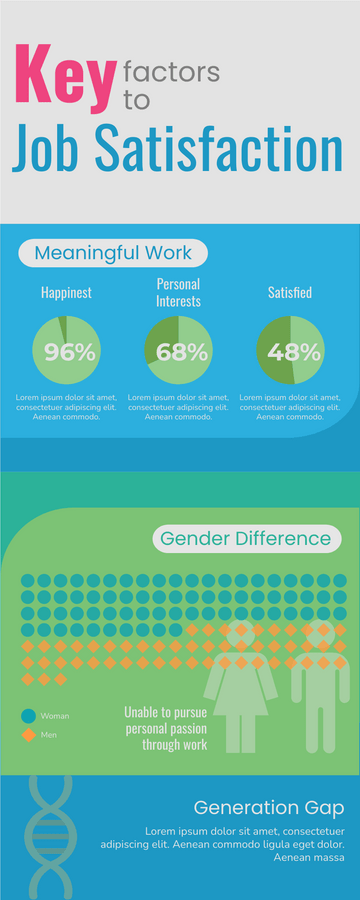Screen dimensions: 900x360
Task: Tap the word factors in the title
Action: click(170, 71)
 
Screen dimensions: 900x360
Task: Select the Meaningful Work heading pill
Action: click(106, 253)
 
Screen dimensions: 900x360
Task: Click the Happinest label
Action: click(66, 293)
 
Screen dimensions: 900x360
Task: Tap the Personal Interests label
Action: click(178, 292)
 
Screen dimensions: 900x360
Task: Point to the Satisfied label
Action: click(290, 293)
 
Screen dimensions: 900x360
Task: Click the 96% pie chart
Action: click(66, 351)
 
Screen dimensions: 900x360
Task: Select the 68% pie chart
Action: click(178, 351)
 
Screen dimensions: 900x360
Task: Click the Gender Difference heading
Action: click(246, 539)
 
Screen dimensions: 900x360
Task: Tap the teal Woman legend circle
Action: click(28, 716)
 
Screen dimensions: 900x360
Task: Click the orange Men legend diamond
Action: click(28, 735)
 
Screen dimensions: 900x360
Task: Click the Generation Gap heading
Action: click(269, 807)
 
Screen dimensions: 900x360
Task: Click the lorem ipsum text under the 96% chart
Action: click(66, 407)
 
